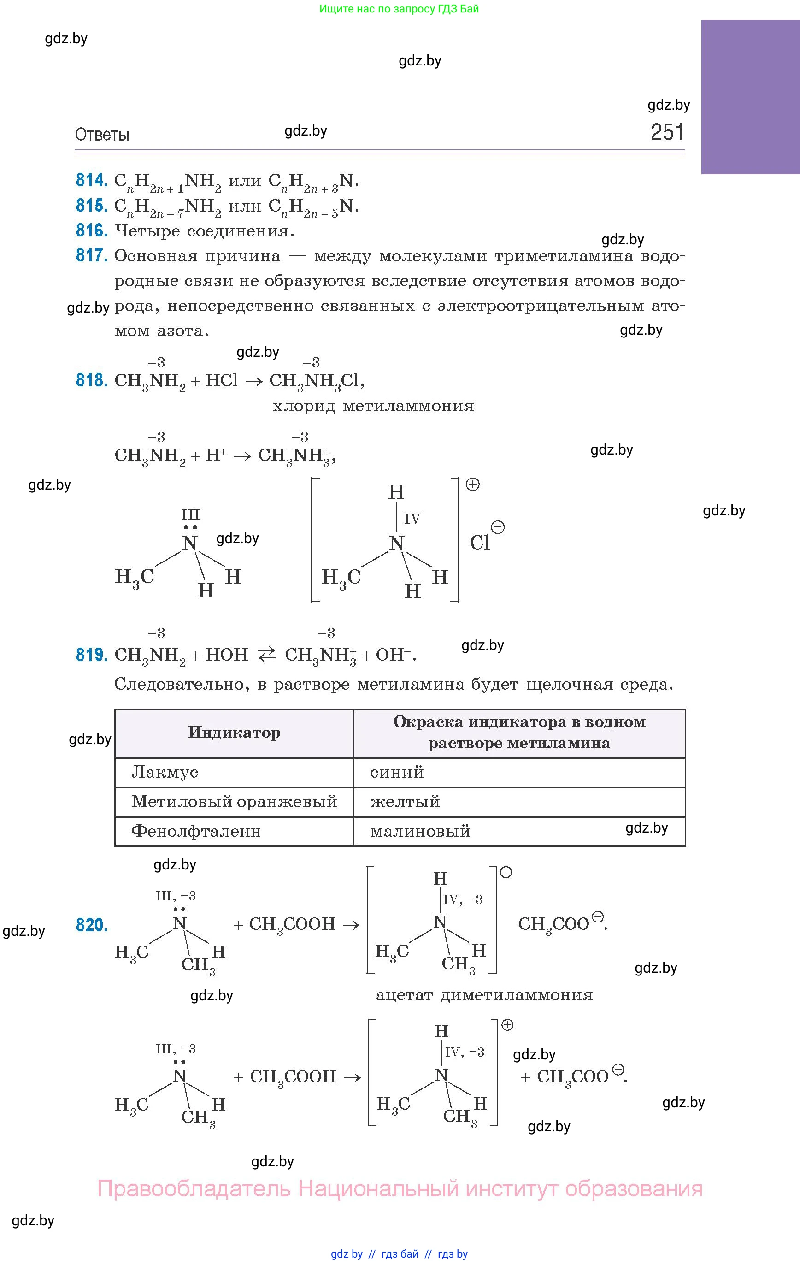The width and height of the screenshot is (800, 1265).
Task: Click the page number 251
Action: click(667, 132)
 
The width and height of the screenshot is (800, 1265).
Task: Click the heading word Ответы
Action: click(102, 135)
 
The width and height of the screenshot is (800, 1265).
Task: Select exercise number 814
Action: click(91, 180)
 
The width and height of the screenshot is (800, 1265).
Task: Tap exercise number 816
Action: click(91, 230)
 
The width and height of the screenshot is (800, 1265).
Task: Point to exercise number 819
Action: click(91, 655)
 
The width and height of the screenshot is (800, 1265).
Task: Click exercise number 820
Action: click(91, 925)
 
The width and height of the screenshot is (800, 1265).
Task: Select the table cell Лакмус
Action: click(165, 772)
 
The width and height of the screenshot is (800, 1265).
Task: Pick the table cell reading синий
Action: click(397, 772)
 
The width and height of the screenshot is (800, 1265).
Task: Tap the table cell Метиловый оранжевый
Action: click(234, 802)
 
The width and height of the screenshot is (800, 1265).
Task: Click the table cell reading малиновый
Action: click(420, 831)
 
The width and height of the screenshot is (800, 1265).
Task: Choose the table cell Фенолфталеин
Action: click(195, 831)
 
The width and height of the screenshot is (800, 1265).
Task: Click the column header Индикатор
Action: click(234, 733)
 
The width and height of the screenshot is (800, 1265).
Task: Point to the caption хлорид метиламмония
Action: click(373, 406)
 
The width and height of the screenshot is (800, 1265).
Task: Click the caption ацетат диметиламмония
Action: click(484, 995)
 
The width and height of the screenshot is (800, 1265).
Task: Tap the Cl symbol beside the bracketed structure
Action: click(480, 542)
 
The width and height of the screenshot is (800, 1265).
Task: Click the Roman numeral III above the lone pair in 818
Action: click(190, 514)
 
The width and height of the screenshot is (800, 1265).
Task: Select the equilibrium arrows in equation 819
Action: click(266, 655)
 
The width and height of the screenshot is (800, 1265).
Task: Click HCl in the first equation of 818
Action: click(221, 380)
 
